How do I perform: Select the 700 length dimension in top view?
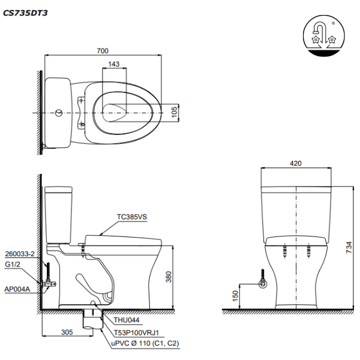tap(103, 52)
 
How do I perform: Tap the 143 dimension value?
tap(114, 64)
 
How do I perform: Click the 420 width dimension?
tap(296, 163)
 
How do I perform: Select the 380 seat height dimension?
tap(170, 277)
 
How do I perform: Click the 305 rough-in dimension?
tap(67, 331)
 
